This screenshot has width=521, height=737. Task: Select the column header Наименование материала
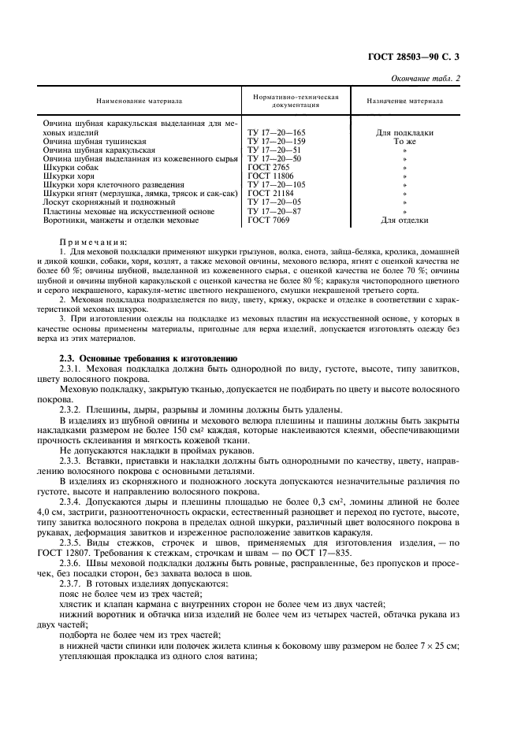click(x=139, y=102)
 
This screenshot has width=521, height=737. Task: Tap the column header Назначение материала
click(x=405, y=101)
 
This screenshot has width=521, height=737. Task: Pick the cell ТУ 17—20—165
click(x=276, y=133)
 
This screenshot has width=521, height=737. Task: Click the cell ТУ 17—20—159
click(x=276, y=141)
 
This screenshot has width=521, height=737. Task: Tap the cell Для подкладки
click(x=405, y=133)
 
